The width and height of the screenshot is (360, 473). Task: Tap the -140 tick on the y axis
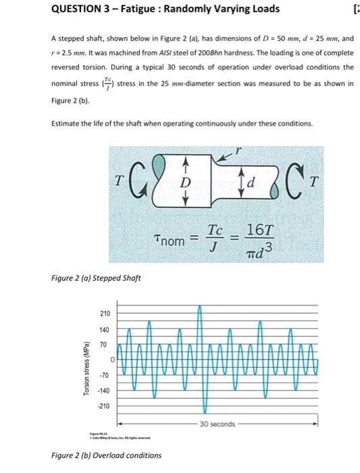pos(104,391)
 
